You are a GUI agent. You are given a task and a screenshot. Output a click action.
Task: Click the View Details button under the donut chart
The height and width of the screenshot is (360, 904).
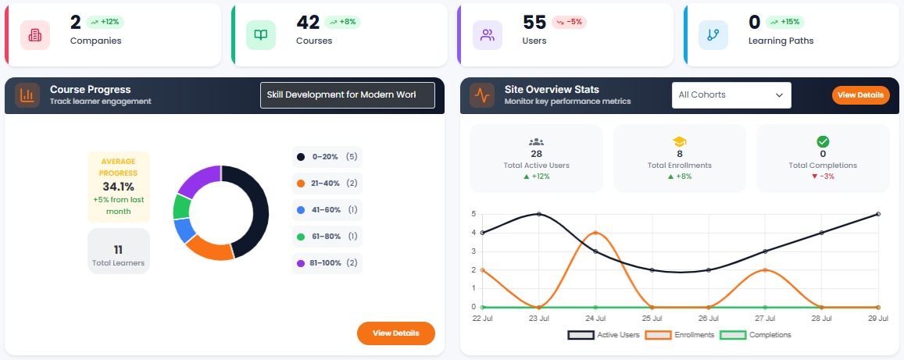[x=395, y=333]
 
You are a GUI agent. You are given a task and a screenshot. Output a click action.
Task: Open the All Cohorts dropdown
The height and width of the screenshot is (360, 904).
[x=731, y=95]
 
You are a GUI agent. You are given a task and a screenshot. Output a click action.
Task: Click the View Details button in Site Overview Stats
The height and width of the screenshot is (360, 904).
[x=860, y=95]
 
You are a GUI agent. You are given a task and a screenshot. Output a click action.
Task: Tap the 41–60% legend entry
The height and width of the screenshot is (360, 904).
[x=327, y=210]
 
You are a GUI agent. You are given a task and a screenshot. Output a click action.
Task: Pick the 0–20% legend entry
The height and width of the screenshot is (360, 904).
[x=327, y=157]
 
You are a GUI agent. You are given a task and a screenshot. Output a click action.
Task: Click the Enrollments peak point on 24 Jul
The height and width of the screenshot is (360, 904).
[x=595, y=233]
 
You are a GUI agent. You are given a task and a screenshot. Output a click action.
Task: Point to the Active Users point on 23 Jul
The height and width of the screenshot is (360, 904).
[x=538, y=214]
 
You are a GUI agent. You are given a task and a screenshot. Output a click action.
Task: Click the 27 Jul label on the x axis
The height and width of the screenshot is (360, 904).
[x=764, y=318]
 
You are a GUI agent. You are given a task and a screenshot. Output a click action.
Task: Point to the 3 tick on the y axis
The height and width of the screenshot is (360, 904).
[x=473, y=251]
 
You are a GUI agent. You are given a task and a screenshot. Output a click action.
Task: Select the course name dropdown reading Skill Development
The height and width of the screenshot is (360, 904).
[x=347, y=95]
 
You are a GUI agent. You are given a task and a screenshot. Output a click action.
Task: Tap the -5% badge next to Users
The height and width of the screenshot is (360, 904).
[x=569, y=22]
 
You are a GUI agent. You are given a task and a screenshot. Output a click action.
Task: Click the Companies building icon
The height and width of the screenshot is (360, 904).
[x=35, y=35]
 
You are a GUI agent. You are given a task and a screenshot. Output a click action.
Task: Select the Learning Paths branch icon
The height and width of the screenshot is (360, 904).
[x=713, y=35]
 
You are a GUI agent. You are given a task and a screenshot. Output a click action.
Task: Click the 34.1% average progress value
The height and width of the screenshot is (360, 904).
[x=118, y=187]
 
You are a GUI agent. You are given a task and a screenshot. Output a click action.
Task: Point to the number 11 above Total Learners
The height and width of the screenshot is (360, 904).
[x=118, y=250]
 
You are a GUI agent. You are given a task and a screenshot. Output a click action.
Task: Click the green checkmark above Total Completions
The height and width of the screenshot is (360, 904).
[x=823, y=141]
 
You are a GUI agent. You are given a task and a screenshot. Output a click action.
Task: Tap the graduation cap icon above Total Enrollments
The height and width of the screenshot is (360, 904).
[x=680, y=141]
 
